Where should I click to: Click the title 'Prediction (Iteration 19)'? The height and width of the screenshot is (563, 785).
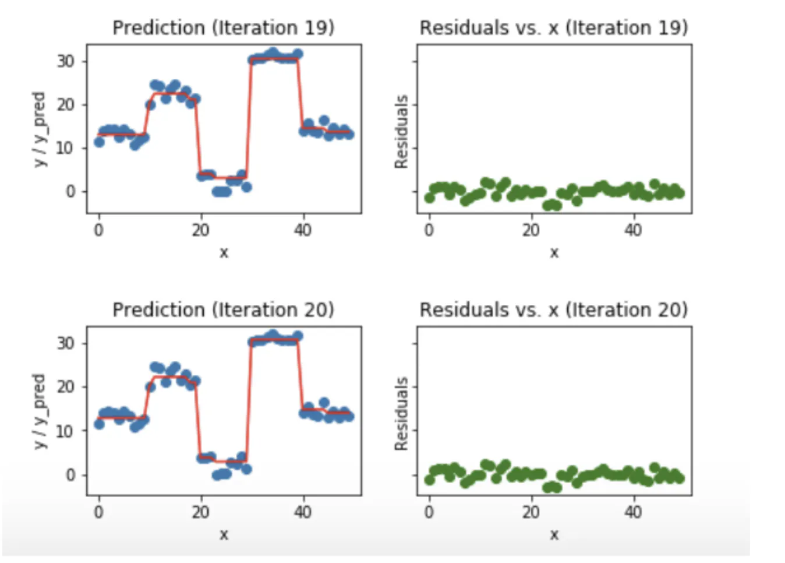tap(223, 27)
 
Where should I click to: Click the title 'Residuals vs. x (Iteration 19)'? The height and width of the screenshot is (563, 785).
tap(554, 27)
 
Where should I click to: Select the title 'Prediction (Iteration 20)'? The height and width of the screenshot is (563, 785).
tap(223, 309)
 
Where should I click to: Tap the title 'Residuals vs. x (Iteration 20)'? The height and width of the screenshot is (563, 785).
tap(554, 309)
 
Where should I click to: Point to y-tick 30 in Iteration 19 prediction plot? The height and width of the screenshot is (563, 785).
tap(66, 61)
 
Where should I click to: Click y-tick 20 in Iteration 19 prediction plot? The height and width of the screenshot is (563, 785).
tap(66, 105)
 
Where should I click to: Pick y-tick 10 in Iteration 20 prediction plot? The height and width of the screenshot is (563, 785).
tap(66, 431)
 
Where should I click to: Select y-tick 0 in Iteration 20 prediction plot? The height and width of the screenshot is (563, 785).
tap(70, 474)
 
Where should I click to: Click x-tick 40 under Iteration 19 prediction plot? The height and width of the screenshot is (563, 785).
tap(302, 230)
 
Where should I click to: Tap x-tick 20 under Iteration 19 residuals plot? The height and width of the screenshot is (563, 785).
tap(531, 230)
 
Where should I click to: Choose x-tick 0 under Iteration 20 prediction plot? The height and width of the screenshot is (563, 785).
tap(98, 512)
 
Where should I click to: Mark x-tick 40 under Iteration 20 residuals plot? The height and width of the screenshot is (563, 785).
tap(633, 512)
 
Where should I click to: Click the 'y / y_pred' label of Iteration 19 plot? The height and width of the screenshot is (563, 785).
tap(39, 129)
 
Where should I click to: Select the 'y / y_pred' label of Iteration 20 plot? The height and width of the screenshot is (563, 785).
tap(39, 411)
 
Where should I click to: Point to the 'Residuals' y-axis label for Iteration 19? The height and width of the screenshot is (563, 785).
tap(401, 132)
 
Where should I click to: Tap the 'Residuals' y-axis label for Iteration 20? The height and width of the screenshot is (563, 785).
tap(401, 414)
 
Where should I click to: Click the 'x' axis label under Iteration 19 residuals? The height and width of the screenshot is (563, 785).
tap(554, 253)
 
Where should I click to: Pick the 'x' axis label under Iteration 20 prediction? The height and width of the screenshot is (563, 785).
tap(224, 534)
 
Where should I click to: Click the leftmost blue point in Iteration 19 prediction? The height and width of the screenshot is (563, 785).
tap(99, 142)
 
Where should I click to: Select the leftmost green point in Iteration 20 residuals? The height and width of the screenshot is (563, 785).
tap(429, 480)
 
